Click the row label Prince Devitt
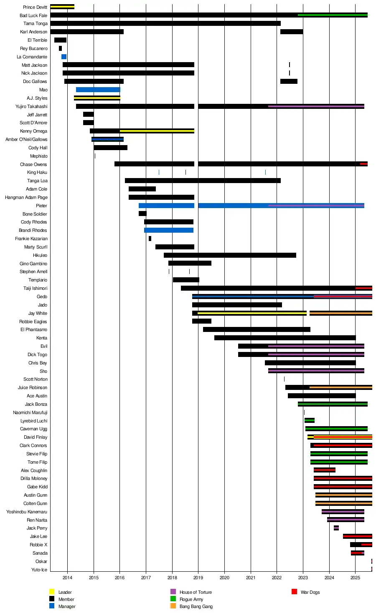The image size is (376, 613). (35, 7)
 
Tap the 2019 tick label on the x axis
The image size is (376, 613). (198, 578)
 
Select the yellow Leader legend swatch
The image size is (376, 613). (52, 592)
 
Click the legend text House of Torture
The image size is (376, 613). (196, 592)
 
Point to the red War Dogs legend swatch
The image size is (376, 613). (294, 592)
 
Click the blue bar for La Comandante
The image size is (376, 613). (64, 57)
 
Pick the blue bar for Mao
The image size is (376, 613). (98, 90)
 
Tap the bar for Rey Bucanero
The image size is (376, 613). (60, 48)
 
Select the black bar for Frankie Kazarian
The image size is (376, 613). (150, 239)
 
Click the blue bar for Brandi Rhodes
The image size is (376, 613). (168, 230)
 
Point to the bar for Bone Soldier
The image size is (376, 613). (142, 214)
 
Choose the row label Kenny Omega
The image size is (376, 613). (33, 131)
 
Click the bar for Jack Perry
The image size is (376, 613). (336, 528)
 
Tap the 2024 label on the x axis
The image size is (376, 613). (329, 578)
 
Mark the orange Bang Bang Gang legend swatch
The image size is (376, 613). (173, 606)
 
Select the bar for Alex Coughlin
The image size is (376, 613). (325, 470)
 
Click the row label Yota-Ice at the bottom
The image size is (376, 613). (39, 570)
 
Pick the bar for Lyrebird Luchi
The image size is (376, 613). (310, 420)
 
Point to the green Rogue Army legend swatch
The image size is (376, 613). (173, 599)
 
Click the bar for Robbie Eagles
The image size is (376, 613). (202, 321)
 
